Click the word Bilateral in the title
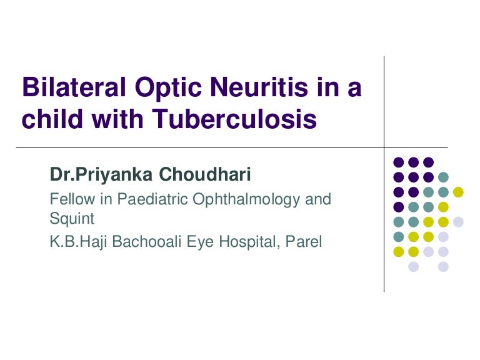(74, 87)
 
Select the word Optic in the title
(168, 89)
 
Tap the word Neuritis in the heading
(259, 87)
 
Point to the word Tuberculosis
(234, 118)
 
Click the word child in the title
(52, 118)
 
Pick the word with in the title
(117, 118)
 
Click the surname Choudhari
(205, 174)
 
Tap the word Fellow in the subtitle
(72, 199)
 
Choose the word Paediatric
(152, 199)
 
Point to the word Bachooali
(147, 241)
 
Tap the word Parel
(303, 241)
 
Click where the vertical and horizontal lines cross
(384, 148)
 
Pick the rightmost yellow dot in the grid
(458, 192)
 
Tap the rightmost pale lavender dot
(458, 222)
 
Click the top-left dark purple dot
(399, 162)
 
